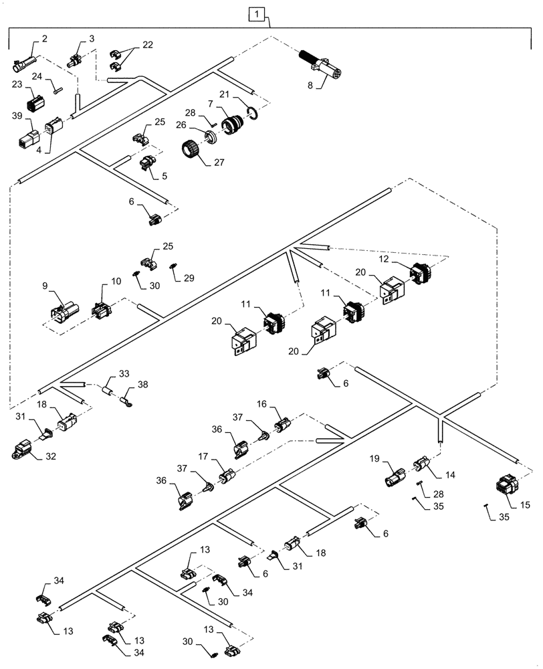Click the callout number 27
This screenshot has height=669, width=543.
click(217, 161)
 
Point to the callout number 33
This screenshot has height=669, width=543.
click(124, 373)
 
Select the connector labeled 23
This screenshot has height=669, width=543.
click(35, 103)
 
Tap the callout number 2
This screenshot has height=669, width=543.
click(44, 39)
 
